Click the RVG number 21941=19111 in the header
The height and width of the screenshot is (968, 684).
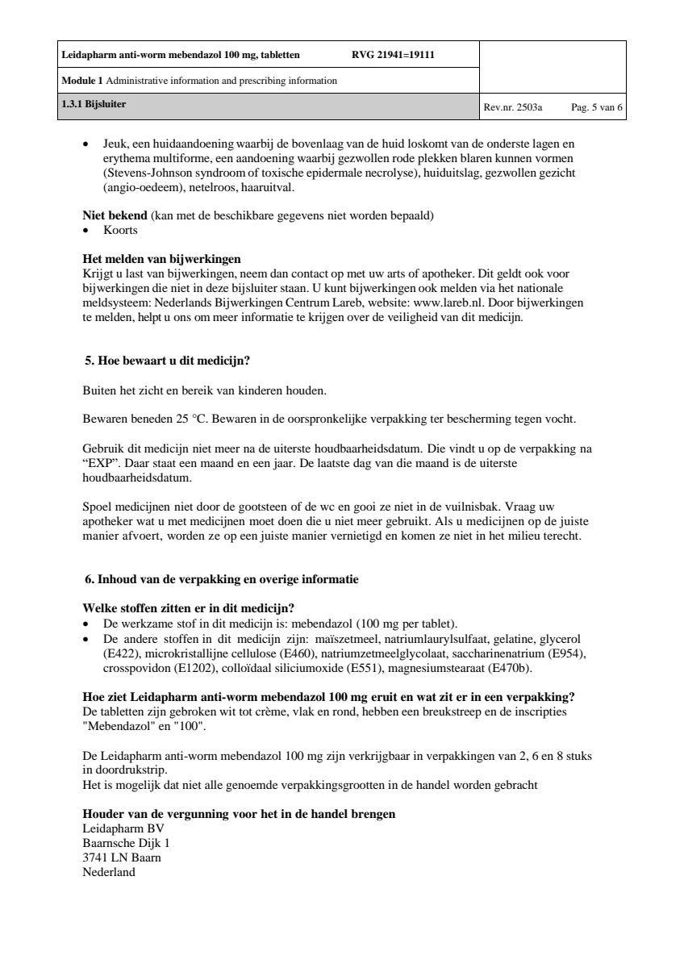[393, 56]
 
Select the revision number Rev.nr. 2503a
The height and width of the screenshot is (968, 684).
[513, 106]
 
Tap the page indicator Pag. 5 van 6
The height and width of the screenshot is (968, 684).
[597, 106]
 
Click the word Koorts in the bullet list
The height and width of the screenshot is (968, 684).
[120, 231]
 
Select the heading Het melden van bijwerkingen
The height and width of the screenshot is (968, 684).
[161, 260]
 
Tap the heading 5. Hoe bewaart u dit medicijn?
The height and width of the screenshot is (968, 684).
[172, 360]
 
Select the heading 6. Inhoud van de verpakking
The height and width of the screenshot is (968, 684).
[222, 579]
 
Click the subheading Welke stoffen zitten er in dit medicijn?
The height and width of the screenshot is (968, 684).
[188, 607]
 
